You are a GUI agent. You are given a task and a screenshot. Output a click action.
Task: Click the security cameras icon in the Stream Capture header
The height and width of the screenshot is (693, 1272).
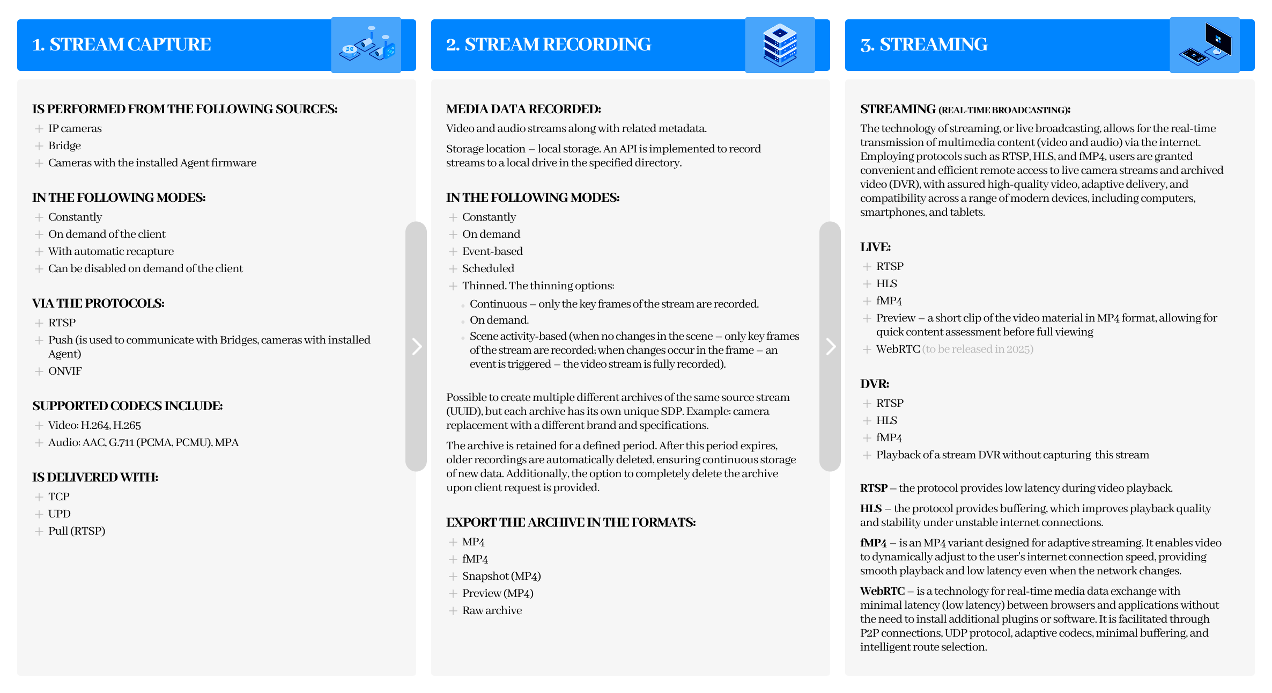point(366,45)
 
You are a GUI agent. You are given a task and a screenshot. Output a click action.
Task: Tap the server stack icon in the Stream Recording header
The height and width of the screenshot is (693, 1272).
point(780,45)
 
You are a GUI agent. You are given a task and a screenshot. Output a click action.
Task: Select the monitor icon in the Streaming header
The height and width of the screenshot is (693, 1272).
point(1204,45)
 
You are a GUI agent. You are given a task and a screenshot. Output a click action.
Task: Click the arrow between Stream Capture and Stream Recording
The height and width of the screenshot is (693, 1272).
point(417,346)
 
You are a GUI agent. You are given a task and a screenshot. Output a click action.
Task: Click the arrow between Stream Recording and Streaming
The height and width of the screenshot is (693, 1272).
point(831,346)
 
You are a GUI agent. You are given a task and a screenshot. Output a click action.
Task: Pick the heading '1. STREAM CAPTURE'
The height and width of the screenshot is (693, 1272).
point(122,45)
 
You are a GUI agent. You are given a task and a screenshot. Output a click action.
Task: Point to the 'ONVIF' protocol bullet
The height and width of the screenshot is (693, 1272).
point(65,371)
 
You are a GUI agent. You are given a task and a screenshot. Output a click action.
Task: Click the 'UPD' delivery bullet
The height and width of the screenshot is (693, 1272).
point(59,514)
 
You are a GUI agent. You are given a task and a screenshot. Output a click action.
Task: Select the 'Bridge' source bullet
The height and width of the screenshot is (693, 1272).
point(64,145)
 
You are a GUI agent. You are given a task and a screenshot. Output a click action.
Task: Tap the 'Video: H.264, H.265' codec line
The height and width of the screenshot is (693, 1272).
point(94,425)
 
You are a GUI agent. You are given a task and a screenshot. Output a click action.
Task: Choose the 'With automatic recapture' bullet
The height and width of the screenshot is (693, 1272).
point(111,251)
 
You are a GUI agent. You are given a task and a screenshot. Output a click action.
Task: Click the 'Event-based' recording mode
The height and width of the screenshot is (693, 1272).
point(492,251)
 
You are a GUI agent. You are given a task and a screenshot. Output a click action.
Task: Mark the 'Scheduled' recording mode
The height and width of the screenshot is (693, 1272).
point(488,268)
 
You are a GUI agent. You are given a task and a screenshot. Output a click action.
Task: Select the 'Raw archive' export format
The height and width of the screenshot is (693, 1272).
point(492,610)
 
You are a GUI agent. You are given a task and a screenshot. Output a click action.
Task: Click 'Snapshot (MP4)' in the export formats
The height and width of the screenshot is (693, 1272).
point(501,576)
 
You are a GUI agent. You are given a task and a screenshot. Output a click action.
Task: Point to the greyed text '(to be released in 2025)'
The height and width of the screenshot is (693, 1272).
point(978,349)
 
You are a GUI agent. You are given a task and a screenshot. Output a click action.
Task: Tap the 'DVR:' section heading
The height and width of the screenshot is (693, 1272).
point(875,384)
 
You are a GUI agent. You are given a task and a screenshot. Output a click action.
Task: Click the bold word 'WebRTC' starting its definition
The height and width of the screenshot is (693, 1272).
point(882,591)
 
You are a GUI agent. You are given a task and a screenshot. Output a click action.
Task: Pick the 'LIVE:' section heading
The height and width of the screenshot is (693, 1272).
point(876,247)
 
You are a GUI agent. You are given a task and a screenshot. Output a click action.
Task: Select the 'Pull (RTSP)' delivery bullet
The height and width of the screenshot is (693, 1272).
point(77,531)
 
